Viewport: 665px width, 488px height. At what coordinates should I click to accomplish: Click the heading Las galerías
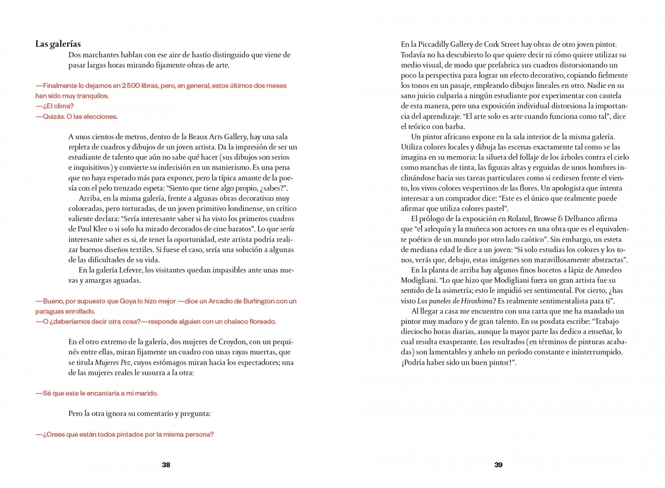[58, 44]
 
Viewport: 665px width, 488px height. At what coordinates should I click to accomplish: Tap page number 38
[166, 465]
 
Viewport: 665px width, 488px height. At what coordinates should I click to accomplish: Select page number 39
[498, 465]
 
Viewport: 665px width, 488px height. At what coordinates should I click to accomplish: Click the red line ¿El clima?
[55, 106]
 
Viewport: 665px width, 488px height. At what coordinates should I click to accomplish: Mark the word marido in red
[147, 394]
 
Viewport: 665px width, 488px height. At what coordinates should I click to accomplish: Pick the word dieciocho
[417, 331]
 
